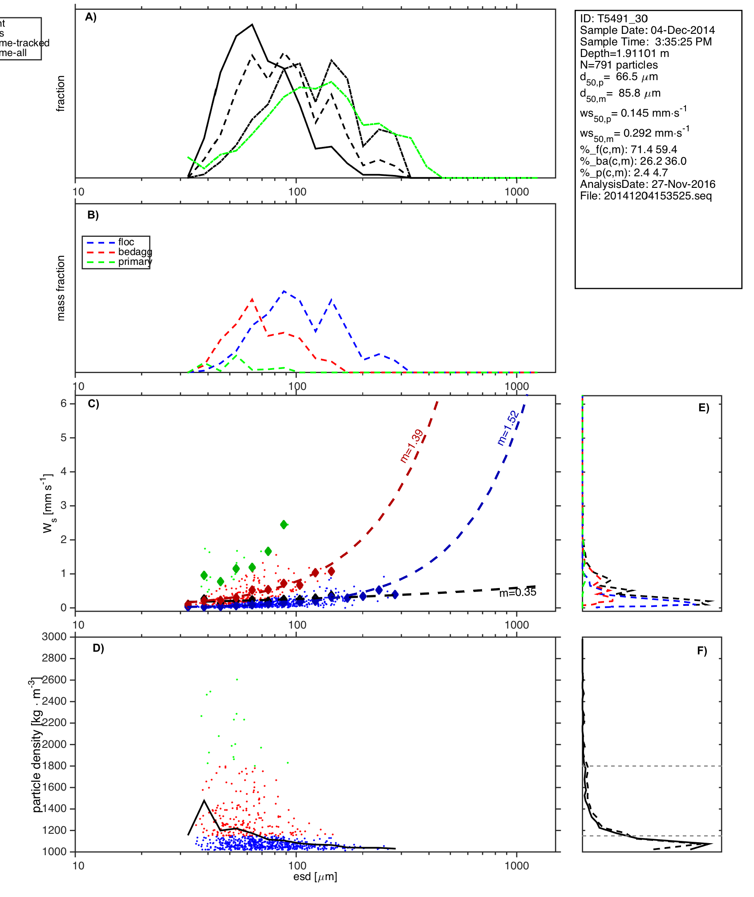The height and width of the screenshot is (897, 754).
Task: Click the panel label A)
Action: [91, 17]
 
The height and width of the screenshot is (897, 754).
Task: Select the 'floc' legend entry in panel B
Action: [126, 242]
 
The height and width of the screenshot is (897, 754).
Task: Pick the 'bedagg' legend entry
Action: [135, 252]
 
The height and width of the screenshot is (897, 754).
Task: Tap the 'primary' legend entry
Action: [135, 262]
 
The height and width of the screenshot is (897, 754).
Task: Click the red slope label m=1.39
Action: [412, 446]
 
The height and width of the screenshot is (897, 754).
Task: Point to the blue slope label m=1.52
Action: [508, 428]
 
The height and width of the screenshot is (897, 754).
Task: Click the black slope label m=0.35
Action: [518, 593]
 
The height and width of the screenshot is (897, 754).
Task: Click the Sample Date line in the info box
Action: [647, 30]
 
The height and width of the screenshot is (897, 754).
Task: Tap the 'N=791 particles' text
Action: [619, 65]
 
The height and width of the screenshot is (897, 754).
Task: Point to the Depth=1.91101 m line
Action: [624, 53]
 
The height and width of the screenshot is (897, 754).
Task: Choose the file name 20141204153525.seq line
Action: [646, 196]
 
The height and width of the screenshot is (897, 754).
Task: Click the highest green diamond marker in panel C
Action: [284, 524]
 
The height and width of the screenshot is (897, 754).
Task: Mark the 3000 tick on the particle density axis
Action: [54, 637]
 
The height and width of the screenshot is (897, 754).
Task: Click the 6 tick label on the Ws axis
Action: [64, 403]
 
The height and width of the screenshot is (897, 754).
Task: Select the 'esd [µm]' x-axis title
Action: [315, 877]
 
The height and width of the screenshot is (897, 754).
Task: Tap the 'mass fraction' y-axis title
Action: [61, 288]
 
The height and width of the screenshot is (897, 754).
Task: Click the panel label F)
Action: [702, 651]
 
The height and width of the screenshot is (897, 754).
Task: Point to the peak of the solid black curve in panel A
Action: [252, 24]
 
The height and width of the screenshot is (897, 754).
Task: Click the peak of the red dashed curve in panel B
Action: [252, 299]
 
